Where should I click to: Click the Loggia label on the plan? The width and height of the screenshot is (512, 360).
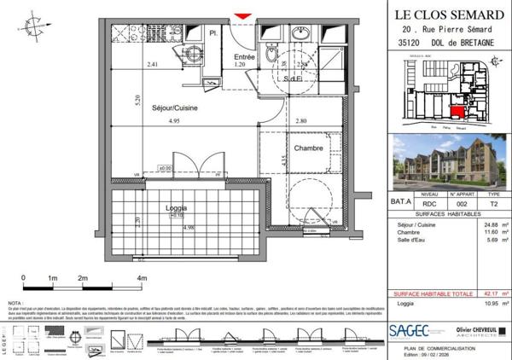click(177, 207)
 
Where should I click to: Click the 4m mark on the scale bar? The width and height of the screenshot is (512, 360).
click(140, 279)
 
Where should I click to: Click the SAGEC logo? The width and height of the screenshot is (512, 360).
click(408, 330)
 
